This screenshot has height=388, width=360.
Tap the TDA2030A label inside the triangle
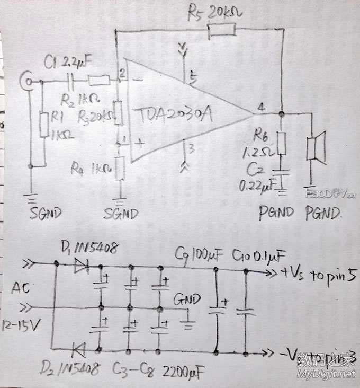click(x=173, y=115)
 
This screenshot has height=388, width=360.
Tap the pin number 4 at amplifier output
click(x=261, y=106)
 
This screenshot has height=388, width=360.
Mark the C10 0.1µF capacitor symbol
click(x=246, y=311)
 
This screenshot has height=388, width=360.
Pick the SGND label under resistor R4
click(x=121, y=214)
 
